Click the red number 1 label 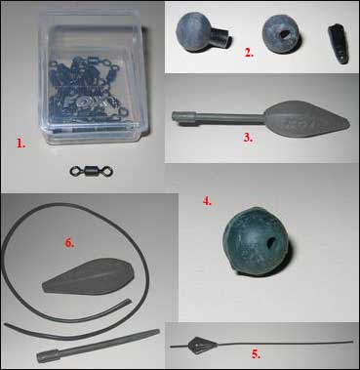20,144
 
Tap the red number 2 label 249,53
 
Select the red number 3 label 248,138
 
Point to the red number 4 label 207,201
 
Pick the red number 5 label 256,354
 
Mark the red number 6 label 69,243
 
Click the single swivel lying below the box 91,171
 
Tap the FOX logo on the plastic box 85,103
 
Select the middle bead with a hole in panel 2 281,34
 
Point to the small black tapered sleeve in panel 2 339,45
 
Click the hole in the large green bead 271,241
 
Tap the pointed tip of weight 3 348,124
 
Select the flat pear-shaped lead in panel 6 89,276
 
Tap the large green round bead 257,240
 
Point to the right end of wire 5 352,342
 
